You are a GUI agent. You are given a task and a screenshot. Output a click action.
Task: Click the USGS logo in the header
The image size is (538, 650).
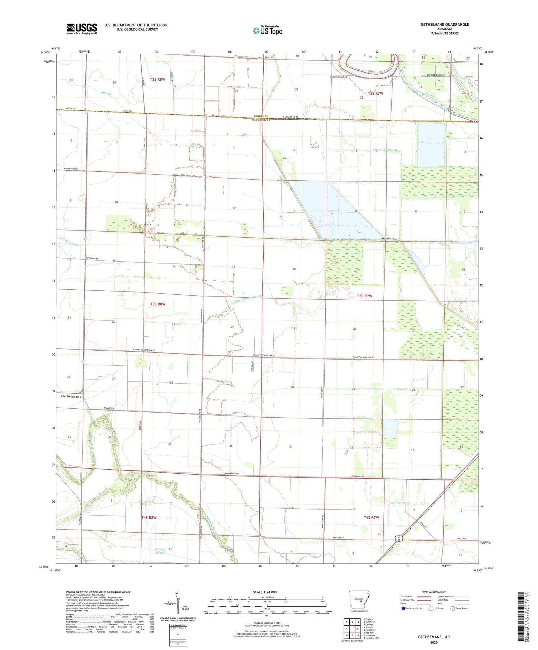(x=82, y=29)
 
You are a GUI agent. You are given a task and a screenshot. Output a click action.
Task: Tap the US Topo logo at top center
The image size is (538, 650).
(x=267, y=30)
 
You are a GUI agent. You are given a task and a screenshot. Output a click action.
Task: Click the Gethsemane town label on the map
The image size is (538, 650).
(x=71, y=397)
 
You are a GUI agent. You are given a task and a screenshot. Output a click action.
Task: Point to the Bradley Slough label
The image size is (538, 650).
(x=160, y=551)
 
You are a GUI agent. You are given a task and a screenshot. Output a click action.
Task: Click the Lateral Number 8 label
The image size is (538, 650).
(x=384, y=150)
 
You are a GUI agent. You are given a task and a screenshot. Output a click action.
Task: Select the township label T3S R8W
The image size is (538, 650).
(x=158, y=304)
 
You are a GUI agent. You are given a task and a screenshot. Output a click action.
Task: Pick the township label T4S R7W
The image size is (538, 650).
(x=371, y=517)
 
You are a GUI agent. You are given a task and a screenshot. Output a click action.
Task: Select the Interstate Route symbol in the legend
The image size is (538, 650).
(x=403, y=608)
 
